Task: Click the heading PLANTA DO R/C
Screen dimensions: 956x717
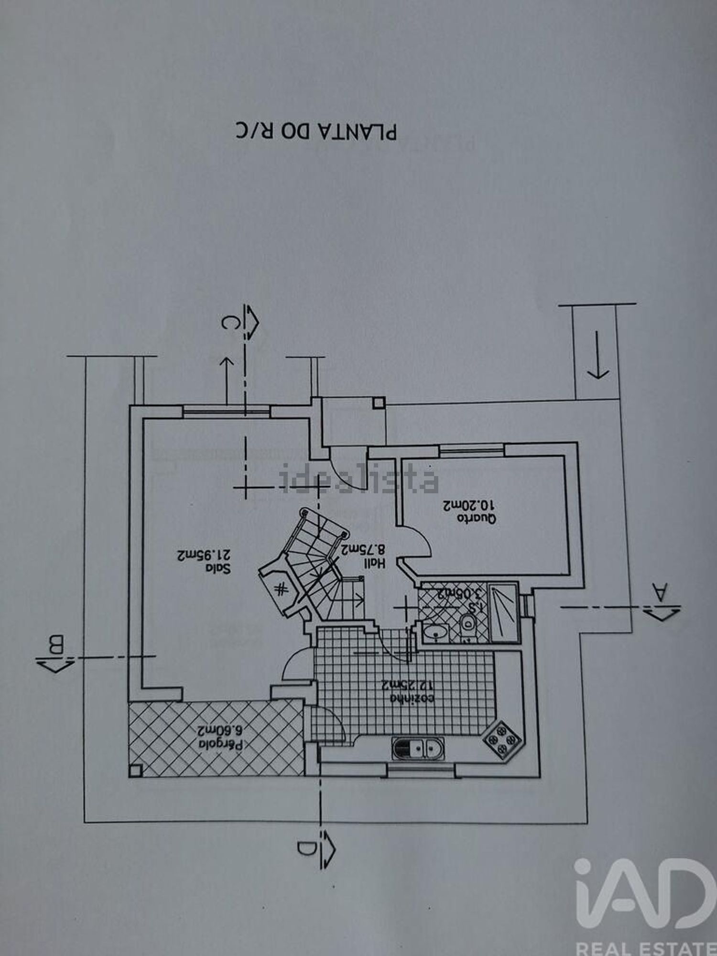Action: point(316,132)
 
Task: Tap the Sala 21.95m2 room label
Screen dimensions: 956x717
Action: point(204,562)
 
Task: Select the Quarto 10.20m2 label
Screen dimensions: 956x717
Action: point(469,511)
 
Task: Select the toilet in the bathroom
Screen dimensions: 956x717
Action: point(467,623)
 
